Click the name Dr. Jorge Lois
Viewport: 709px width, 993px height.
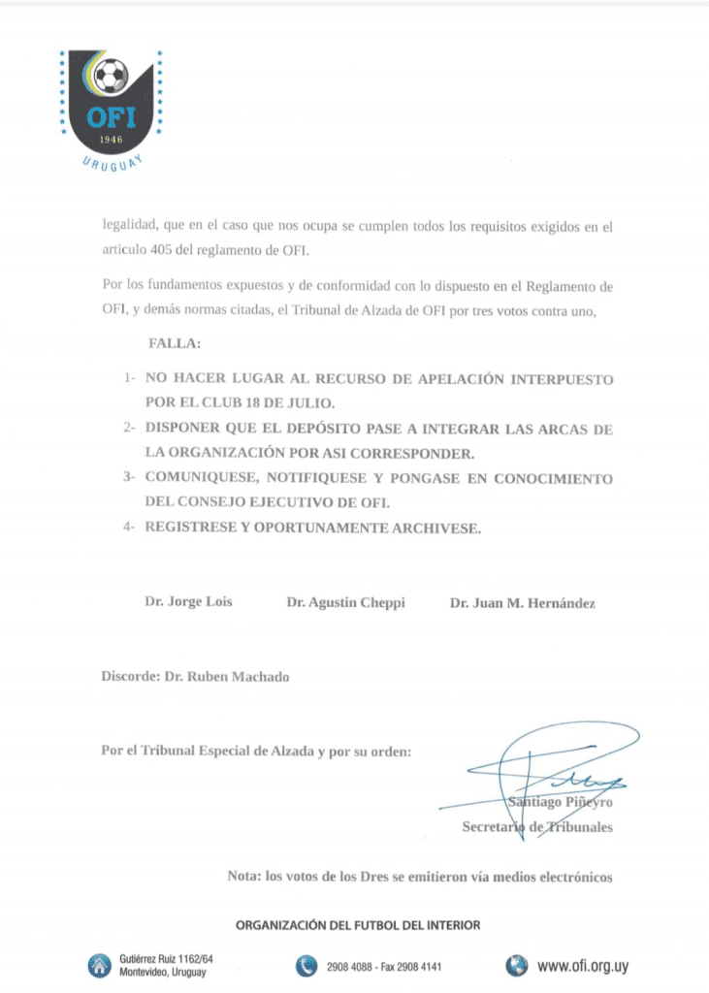[x=188, y=602]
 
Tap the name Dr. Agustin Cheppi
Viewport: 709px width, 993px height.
[x=345, y=602]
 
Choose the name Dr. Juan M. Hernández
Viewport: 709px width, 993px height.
[x=522, y=602]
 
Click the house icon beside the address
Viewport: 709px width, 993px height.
[x=99, y=965]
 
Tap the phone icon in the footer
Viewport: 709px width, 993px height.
[x=306, y=965]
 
